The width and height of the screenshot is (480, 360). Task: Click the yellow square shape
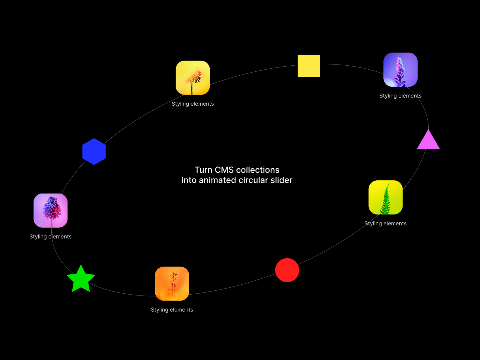[309, 66]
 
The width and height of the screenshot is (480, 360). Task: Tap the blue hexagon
[94, 151]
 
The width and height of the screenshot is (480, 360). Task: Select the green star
[81, 279]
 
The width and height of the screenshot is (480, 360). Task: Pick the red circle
[287, 270]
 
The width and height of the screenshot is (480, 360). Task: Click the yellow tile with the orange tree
[193, 78]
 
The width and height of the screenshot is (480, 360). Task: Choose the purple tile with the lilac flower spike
[400, 70]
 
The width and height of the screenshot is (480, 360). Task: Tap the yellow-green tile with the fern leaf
[385, 197]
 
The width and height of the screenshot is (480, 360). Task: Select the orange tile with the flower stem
[172, 284]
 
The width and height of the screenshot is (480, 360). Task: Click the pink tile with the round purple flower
[50, 211]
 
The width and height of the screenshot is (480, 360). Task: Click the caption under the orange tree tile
[193, 104]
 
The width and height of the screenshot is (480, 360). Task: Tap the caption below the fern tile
[385, 223]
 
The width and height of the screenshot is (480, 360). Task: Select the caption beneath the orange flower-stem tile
[172, 310]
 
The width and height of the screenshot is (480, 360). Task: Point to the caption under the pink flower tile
[50, 236]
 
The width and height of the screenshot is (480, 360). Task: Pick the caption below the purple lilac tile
[400, 96]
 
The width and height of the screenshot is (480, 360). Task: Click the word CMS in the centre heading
[224, 170]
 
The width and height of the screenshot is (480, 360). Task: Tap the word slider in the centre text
[281, 180]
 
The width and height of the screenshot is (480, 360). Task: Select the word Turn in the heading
[203, 170]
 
